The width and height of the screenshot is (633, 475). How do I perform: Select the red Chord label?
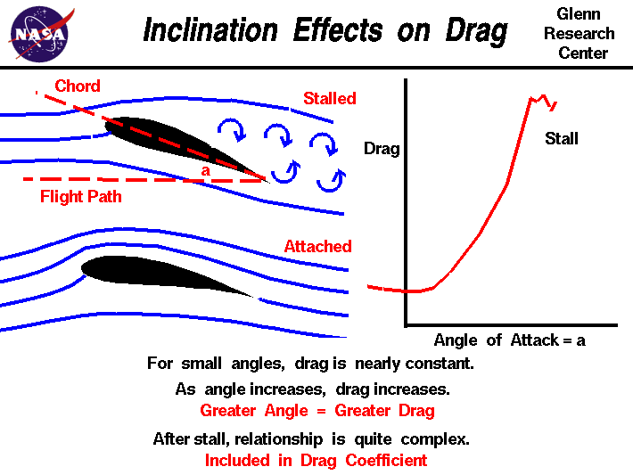(78, 86)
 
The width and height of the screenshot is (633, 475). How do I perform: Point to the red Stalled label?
(329, 98)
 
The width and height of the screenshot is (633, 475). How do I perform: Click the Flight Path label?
(80, 196)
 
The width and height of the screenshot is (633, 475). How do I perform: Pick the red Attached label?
(317, 246)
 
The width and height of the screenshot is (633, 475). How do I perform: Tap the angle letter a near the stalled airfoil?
(206, 169)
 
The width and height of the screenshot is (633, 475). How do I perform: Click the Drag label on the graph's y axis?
(382, 149)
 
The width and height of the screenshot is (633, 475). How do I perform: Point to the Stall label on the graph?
(562, 138)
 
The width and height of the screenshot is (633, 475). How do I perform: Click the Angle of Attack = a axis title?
(509, 340)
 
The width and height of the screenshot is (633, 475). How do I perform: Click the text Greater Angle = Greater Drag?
(316, 411)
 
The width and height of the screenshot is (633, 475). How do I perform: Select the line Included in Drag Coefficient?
(316, 461)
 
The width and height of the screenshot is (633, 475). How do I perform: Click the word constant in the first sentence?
(442, 364)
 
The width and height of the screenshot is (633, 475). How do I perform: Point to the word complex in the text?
(437, 438)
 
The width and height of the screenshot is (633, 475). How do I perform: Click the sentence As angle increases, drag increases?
(312, 389)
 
